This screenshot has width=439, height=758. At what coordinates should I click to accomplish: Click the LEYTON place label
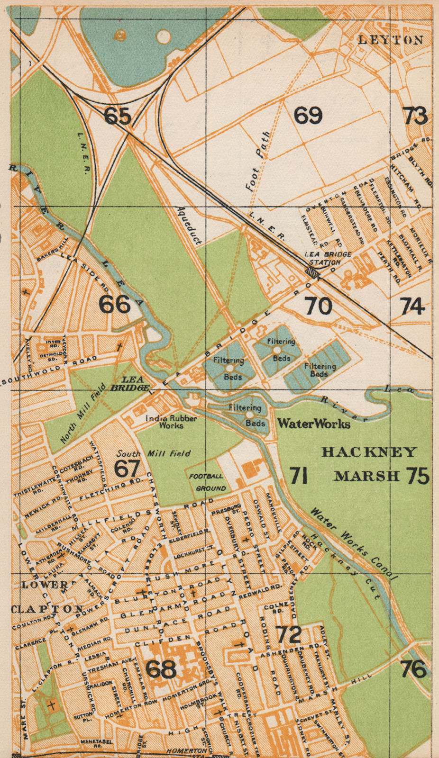[391, 40]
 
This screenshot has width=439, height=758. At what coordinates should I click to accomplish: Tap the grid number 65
[117, 115]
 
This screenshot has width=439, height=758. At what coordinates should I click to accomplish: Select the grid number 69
[308, 115]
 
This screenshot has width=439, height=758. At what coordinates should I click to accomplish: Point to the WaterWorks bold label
[314, 423]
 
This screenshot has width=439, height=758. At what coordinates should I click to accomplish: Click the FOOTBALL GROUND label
[208, 482]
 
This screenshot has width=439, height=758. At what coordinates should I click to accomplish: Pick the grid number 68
[161, 669]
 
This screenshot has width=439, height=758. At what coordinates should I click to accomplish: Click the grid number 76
[413, 669]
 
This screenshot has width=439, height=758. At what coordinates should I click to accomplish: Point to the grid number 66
[114, 305]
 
